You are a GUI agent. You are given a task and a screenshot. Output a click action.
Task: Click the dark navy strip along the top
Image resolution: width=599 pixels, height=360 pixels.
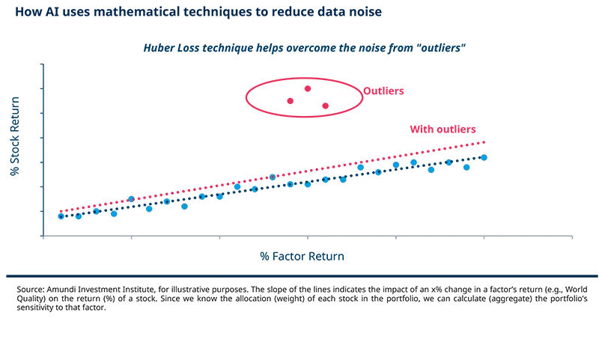(x=299, y=13)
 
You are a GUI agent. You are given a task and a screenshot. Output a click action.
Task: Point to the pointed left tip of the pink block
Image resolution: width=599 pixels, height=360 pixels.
(x=243, y=95)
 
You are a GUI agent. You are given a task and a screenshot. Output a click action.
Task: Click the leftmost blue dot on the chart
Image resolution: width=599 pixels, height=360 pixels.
(x=61, y=216)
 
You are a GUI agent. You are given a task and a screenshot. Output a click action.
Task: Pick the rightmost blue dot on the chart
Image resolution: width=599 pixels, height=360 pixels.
(x=484, y=156)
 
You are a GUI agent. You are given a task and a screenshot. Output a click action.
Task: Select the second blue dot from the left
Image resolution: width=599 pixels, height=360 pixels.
(x=78, y=216)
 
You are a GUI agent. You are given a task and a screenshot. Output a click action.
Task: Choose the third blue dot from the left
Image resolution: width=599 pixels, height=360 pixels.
(x=96, y=212)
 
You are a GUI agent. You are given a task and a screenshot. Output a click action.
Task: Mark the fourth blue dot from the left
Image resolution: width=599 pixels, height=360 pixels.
(x=114, y=214)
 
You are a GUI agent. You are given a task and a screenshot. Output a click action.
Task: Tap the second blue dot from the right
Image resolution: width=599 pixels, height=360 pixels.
(x=466, y=166)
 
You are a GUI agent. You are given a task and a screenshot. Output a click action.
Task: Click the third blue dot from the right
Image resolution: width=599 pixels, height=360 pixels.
(x=449, y=161)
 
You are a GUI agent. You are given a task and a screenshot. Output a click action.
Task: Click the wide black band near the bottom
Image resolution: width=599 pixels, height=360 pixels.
(x=299, y=298)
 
